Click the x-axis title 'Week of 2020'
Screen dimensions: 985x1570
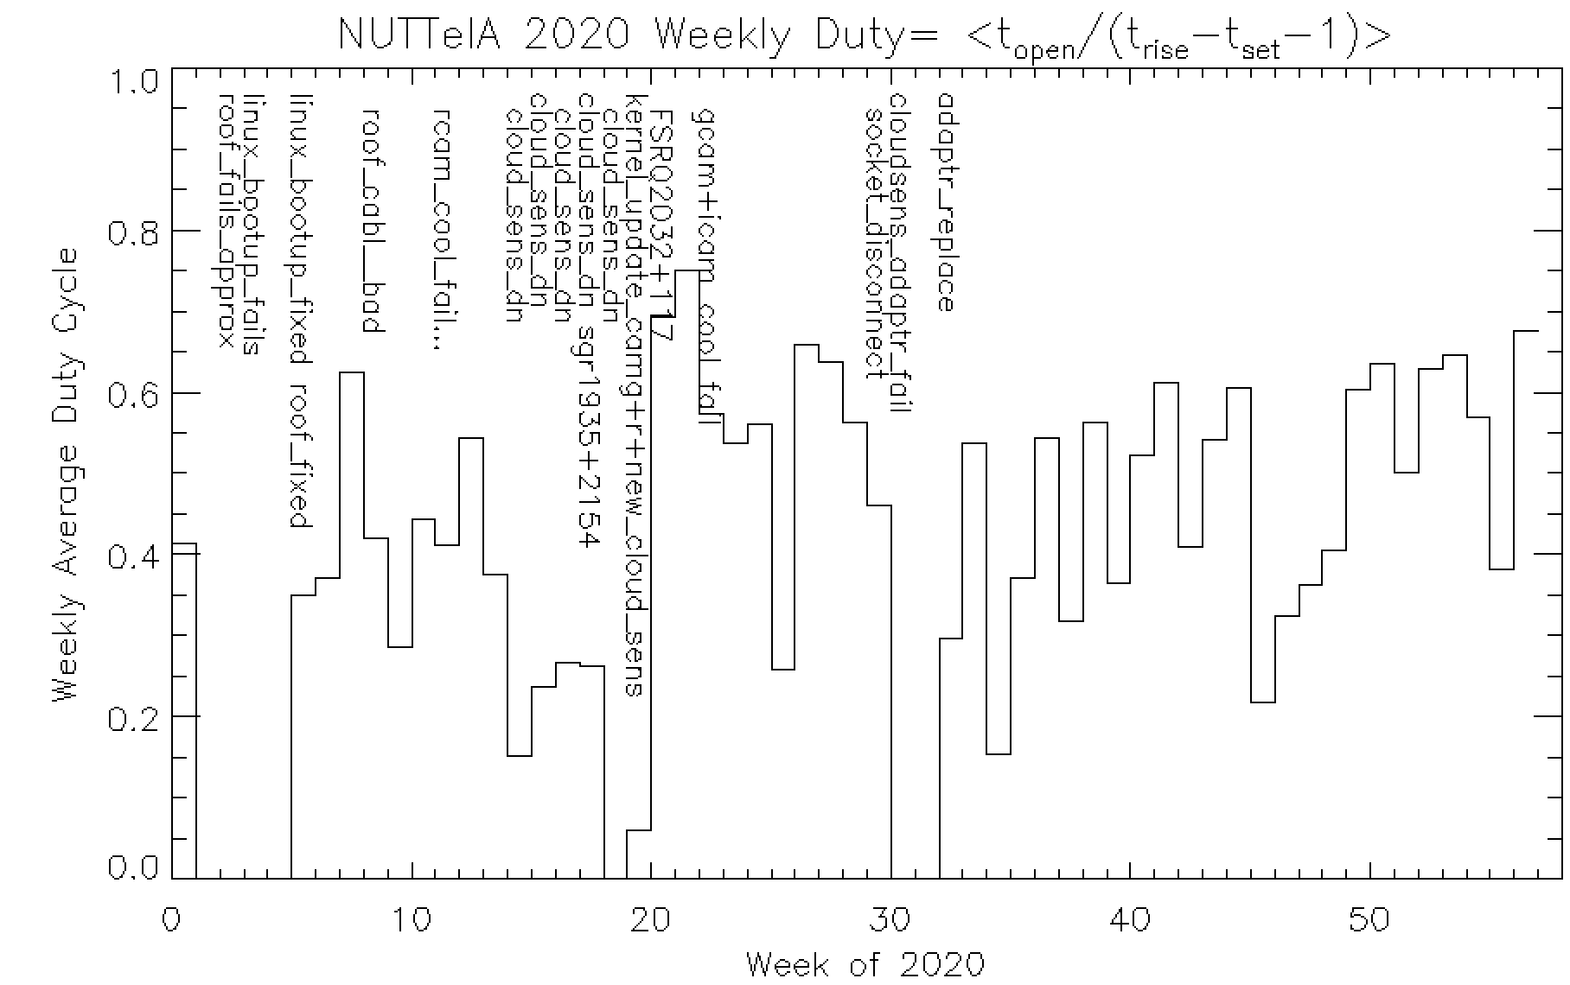pyautogui.click(x=865, y=963)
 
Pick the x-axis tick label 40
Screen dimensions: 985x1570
pyautogui.click(x=1130, y=919)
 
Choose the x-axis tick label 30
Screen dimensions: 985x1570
pyautogui.click(x=890, y=919)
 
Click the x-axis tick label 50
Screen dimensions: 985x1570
pyautogui.click(x=1369, y=919)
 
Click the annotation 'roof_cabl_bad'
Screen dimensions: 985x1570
pyautogui.click(x=371, y=220)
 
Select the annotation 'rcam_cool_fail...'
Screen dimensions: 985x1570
pyautogui.click(x=443, y=229)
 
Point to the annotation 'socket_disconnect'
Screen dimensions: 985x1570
pyautogui.click(x=876, y=243)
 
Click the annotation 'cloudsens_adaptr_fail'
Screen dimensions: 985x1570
pyautogui.click(x=899, y=251)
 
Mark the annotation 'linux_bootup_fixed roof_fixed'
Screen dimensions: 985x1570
pyautogui.click(x=299, y=310)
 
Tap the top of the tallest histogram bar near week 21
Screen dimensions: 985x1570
pyautogui.click(x=687, y=271)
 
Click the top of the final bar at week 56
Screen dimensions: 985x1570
pyautogui.click(x=1526, y=331)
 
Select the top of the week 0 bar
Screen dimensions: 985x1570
pyautogui.click(x=185, y=544)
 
